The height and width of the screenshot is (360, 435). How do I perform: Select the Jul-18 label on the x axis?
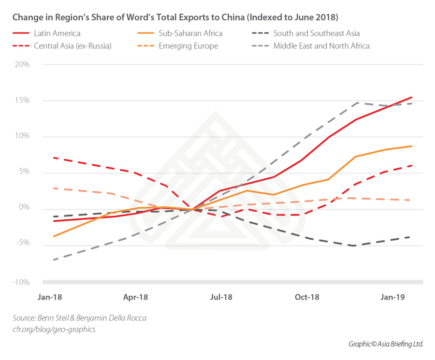221,297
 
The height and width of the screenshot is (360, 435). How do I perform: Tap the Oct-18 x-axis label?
308,297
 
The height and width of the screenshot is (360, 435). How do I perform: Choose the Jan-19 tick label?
392,297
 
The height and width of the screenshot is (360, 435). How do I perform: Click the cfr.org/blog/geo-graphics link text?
54,329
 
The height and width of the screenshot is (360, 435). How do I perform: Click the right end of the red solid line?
412,97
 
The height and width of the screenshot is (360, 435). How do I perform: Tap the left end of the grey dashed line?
53,259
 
